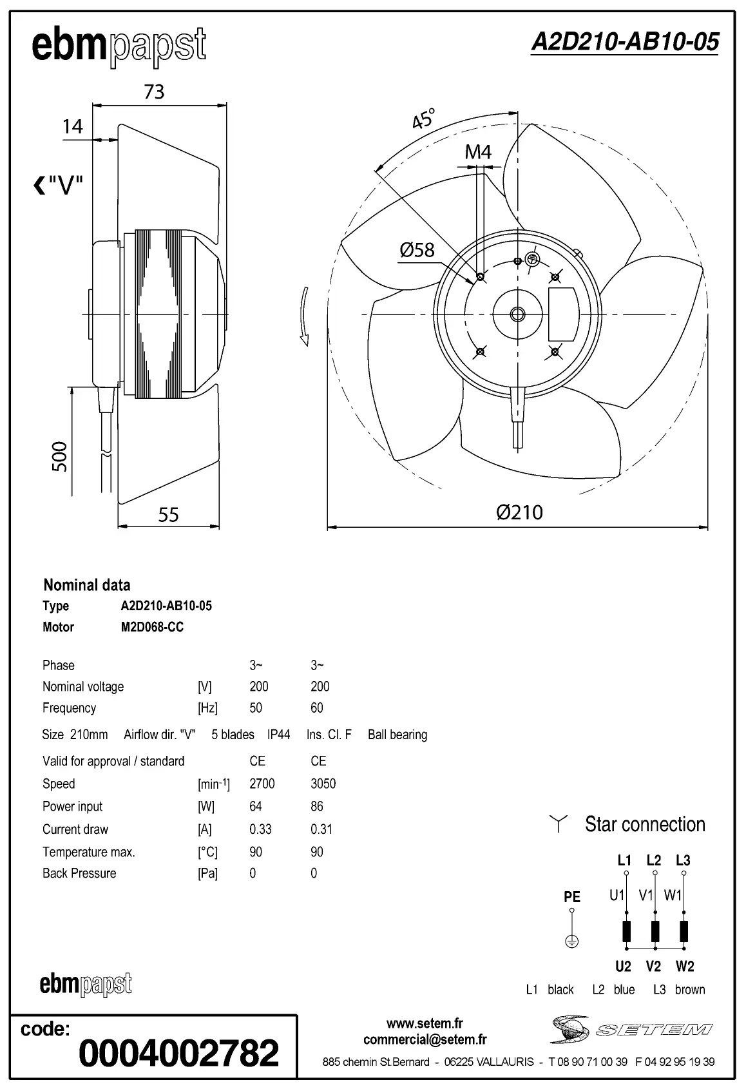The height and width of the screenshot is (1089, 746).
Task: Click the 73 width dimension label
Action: [x=154, y=92]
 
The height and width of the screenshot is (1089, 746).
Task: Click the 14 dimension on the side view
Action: [x=73, y=126]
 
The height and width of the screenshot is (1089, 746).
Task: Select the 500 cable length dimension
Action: [x=59, y=456]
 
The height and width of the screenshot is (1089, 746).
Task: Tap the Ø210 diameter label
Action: [x=519, y=512]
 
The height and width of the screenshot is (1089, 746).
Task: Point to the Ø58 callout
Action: [x=417, y=250]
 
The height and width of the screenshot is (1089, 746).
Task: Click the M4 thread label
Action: [x=478, y=152]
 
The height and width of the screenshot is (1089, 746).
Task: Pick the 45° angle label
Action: [x=423, y=119]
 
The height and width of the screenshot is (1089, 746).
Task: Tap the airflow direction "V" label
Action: [x=59, y=186]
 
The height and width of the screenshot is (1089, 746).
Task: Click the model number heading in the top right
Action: [x=624, y=43]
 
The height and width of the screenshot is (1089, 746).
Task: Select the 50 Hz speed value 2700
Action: [x=262, y=784]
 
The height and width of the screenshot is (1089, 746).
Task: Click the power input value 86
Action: [x=316, y=806]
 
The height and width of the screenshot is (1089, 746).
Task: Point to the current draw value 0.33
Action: [x=260, y=829]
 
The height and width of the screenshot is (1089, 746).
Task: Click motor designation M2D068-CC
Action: [x=152, y=627]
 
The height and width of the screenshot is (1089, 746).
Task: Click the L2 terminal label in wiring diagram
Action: [x=653, y=860]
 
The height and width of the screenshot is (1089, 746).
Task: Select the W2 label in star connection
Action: [x=685, y=966]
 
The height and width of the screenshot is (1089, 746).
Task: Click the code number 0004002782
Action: [x=178, y=1052]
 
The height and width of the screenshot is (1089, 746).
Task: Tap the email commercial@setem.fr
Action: [x=425, y=1039]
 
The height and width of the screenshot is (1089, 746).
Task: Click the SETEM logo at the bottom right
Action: [x=631, y=1029]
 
